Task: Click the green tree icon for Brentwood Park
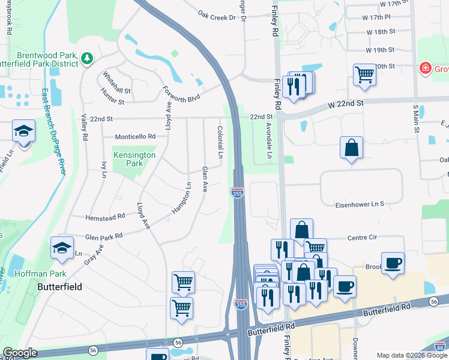click(x=88, y=58)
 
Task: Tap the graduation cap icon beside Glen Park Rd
click(x=62, y=248)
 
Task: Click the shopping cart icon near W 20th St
click(x=364, y=75)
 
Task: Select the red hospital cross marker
click(x=426, y=68)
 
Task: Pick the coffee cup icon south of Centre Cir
click(x=393, y=263)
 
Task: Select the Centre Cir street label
click(x=362, y=238)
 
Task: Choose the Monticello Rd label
click(x=135, y=136)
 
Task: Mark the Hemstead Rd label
click(x=104, y=215)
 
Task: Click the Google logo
click(x=20, y=353)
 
